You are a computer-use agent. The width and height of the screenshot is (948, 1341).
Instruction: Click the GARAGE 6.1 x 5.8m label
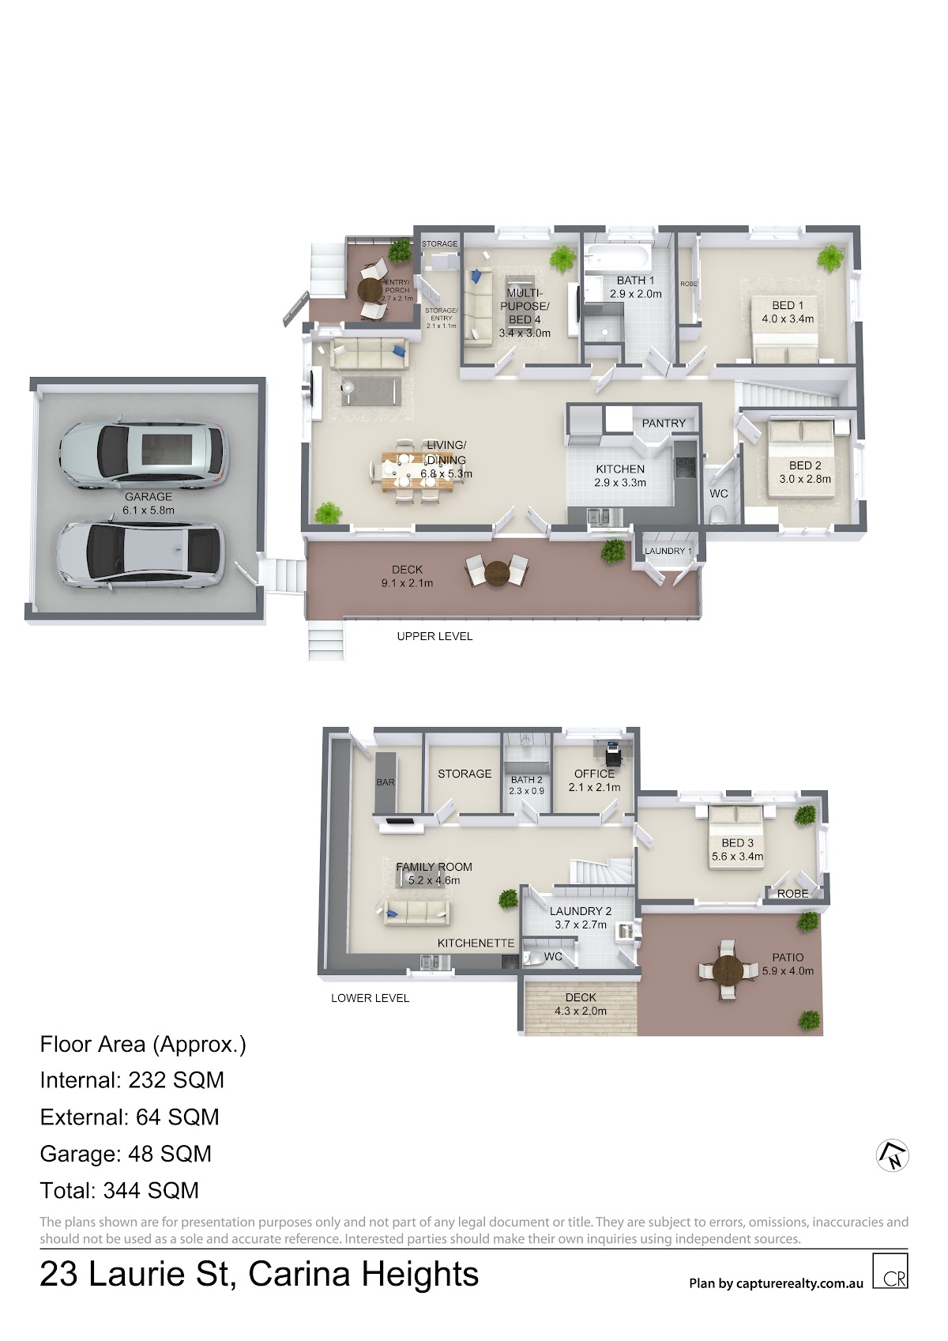coord(149,503)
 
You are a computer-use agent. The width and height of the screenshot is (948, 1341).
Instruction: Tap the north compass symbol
coord(892,1155)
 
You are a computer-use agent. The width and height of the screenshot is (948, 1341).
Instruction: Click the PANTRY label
coord(664,424)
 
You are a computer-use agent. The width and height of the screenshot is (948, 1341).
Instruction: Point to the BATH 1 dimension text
coord(636,294)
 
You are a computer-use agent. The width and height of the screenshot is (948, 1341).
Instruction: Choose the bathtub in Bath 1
coord(617,257)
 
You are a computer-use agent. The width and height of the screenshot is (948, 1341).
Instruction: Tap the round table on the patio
coord(727,970)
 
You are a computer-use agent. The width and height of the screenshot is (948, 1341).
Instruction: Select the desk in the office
coord(613,753)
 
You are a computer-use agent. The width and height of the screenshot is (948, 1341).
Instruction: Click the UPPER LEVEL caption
coord(434,636)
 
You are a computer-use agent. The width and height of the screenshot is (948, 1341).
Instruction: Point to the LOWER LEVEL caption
coord(370,998)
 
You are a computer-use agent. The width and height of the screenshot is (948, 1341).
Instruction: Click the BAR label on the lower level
coord(386,782)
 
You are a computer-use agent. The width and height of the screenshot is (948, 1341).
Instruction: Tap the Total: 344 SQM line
coord(119,1190)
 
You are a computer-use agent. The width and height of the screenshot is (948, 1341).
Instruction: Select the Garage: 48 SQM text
coord(126,1154)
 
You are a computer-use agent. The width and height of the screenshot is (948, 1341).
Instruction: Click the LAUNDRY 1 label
coord(668,551)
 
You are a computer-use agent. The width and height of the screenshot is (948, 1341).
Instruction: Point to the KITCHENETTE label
coord(476,943)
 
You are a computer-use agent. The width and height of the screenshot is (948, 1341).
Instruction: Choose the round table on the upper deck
coord(496,574)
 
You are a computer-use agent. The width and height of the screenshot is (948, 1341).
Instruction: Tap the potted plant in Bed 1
coord(830,258)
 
